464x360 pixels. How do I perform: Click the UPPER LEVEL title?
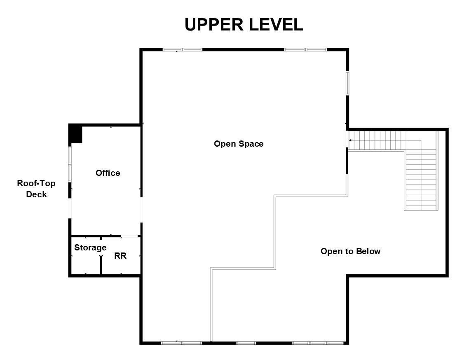point(244,25)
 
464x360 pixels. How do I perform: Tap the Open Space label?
point(239,144)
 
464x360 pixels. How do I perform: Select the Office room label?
point(108,173)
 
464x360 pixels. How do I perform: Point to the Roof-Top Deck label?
point(36,189)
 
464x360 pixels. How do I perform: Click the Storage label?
point(90,248)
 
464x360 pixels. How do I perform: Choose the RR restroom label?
point(120,256)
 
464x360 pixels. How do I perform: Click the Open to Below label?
point(350,251)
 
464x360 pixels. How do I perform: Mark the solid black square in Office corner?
point(75,133)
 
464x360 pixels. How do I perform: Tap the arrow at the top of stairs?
point(350,140)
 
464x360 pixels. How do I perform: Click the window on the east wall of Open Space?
point(347,83)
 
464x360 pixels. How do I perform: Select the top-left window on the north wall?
point(183,49)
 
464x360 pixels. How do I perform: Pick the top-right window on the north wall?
point(305,49)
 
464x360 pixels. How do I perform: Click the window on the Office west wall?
point(70,164)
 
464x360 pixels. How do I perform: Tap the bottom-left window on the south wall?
point(181,343)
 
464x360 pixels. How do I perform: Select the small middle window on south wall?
point(246,343)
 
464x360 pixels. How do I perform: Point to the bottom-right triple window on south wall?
point(318,343)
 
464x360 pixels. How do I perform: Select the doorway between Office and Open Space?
point(141,210)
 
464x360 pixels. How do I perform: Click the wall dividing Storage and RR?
point(101,255)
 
